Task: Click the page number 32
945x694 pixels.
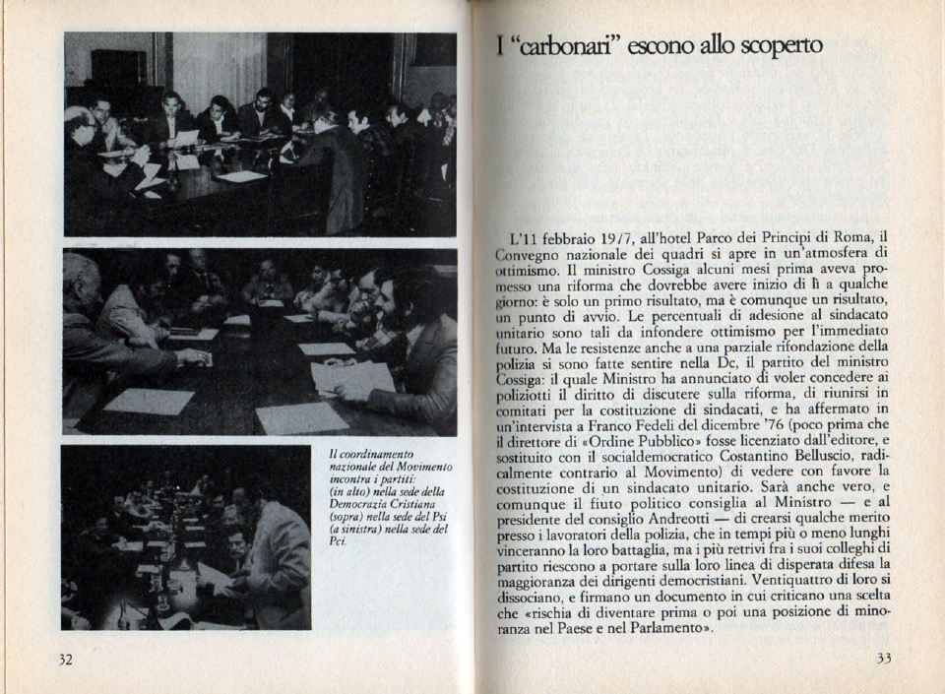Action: [x=65, y=660]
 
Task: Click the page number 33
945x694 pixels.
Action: [x=883, y=659]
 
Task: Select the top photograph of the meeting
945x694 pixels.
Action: [x=260, y=134]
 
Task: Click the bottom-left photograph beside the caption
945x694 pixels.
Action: [x=185, y=537]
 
